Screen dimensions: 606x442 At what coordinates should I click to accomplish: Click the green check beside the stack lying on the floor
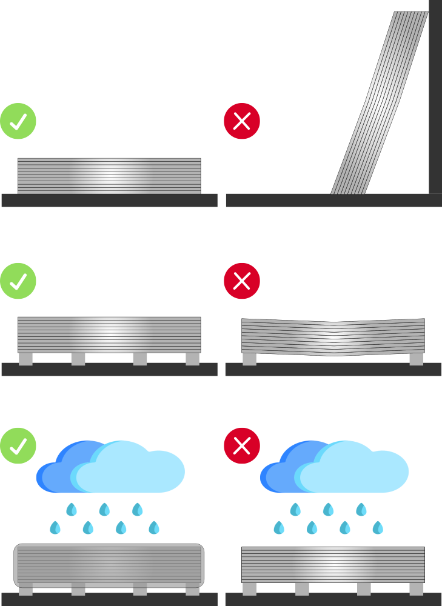click(18, 121)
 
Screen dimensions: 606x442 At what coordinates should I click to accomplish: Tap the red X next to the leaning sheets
click(242, 121)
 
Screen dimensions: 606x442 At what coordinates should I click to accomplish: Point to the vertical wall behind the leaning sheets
click(435, 97)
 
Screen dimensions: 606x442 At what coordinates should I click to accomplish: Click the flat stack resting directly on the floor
click(109, 176)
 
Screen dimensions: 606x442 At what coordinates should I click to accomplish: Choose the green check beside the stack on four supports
click(18, 281)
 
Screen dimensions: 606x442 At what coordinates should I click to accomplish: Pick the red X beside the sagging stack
click(242, 281)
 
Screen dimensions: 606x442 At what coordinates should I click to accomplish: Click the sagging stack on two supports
click(333, 336)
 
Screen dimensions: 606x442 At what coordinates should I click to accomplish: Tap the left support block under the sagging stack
click(249, 359)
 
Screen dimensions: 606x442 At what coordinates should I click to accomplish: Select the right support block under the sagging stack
click(417, 359)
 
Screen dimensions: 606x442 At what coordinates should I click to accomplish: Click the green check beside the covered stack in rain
click(18, 445)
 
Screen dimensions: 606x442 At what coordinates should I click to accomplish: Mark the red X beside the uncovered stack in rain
click(242, 445)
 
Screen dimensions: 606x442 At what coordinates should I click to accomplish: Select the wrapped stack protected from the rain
click(109, 565)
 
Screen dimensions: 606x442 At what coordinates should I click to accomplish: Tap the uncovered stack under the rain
click(333, 565)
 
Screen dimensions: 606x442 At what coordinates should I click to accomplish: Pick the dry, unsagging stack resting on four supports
click(109, 335)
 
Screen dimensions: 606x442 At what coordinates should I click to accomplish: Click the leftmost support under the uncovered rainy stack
click(249, 588)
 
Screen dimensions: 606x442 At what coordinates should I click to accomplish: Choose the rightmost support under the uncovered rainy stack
click(417, 588)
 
